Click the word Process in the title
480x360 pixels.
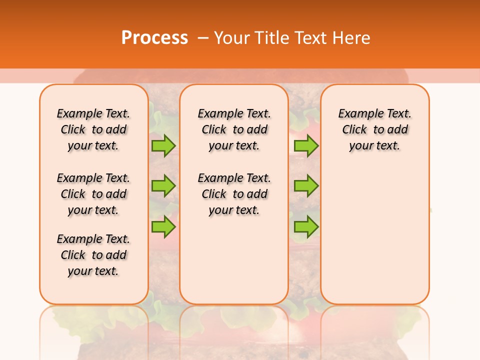point(154,37)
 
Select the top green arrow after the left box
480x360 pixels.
point(163,145)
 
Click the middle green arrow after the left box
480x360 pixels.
point(163,186)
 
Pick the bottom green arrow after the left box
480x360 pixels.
point(163,226)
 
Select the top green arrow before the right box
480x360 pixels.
point(306,145)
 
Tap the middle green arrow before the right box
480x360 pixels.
point(306,186)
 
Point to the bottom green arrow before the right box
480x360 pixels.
point(306,226)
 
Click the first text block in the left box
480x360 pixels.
point(93,129)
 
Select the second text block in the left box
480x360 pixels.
point(93,194)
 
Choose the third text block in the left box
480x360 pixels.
point(93,255)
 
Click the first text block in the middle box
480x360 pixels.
point(234,129)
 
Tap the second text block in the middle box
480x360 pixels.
point(234,194)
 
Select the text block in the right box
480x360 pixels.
point(374,129)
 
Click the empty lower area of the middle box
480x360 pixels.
point(234,260)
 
